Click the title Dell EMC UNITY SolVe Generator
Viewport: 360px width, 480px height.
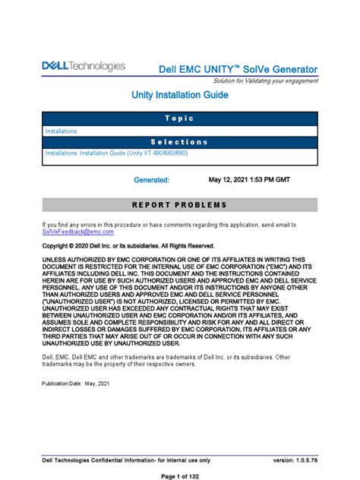tap(238, 70)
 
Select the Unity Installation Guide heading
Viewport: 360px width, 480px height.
tap(179, 96)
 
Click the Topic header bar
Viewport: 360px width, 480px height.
tap(179, 119)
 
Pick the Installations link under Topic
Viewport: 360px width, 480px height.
tap(62, 131)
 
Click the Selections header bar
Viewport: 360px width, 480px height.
tap(179, 142)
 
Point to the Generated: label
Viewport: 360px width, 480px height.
tap(151, 181)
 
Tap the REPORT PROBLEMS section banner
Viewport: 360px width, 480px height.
tap(179, 205)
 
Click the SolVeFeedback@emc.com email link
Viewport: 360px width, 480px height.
tap(77, 232)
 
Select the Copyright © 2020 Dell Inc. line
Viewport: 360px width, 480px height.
tap(128, 247)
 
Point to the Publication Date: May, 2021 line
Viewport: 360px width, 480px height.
tap(81, 384)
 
